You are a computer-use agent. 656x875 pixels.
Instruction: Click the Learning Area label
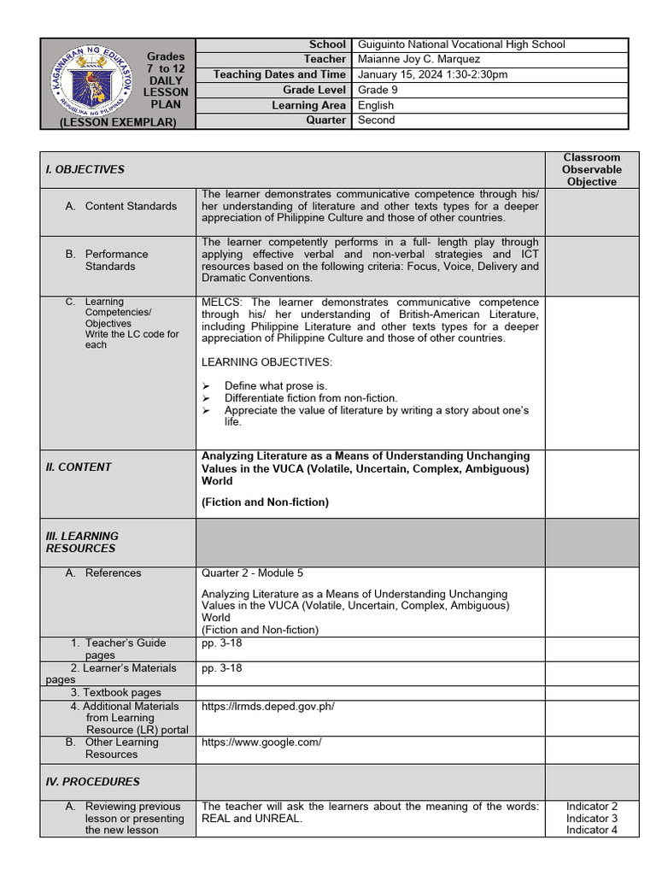coord(308,105)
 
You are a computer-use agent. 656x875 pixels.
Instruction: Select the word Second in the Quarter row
coord(376,120)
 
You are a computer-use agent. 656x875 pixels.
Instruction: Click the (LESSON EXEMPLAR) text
coord(118,122)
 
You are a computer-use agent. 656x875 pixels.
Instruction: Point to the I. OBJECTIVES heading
coord(85,169)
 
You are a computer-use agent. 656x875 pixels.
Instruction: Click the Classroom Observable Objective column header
coord(591,169)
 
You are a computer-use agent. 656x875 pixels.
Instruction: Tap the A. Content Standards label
coord(131,206)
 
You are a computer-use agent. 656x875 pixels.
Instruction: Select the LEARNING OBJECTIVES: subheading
coord(266,362)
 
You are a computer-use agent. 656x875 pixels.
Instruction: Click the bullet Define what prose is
coord(275,386)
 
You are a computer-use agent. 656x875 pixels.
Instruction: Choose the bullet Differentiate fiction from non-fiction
coord(311,398)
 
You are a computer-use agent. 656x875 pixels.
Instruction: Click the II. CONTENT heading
coord(79,467)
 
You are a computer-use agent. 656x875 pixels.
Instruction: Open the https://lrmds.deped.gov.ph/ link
coord(267,706)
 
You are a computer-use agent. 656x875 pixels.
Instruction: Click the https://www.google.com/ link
coord(261,742)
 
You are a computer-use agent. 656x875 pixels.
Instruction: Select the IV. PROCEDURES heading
coord(92,781)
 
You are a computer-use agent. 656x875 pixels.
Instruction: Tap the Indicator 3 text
coord(591,818)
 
